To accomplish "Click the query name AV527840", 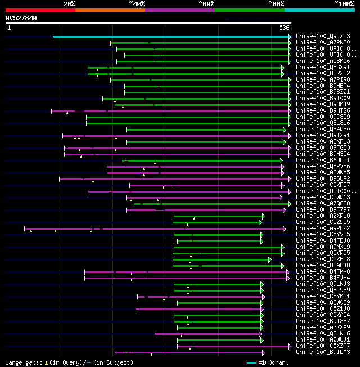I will [x=21, y=18].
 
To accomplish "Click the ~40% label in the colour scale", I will [x=137, y=3].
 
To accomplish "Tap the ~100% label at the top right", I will [x=344, y=3].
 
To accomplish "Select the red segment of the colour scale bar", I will [x=40, y=10].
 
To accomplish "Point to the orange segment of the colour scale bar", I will [x=110, y=10].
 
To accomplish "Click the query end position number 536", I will [x=284, y=27].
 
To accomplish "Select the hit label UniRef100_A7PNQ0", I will [x=322, y=42].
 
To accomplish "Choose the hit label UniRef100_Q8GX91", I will [x=322, y=67].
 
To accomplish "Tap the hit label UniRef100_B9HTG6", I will [x=322, y=110].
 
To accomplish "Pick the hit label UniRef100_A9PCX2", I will [x=322, y=228].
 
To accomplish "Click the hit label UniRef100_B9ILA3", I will [x=322, y=352].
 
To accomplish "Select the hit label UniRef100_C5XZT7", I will [x=322, y=346].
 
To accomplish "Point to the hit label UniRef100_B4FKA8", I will [x=322, y=271].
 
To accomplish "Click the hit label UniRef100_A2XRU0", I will [x=322, y=216].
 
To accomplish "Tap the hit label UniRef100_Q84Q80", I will [x=322, y=129].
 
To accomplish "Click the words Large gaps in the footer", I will [x=22, y=362].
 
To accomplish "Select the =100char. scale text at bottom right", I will [x=275, y=362].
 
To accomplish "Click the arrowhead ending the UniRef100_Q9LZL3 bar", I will [x=289, y=37].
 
